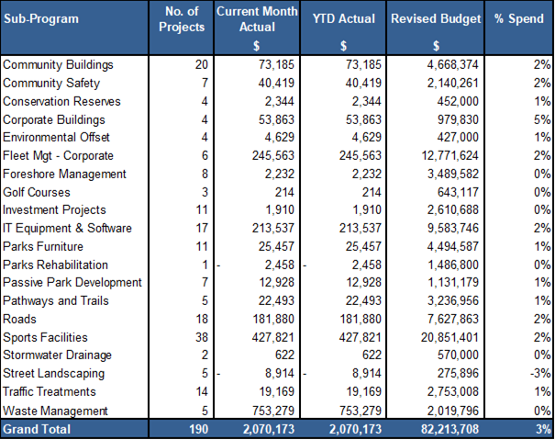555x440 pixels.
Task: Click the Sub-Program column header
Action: (x=41, y=19)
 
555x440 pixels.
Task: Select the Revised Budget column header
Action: (x=436, y=19)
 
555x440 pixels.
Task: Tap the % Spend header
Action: (x=518, y=18)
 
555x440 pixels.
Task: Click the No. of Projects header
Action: (x=182, y=19)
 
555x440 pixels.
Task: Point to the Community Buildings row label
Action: (x=58, y=65)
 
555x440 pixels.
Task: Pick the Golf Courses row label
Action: (x=37, y=192)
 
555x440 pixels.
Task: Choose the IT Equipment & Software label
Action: (x=67, y=228)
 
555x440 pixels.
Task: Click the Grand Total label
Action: (x=37, y=429)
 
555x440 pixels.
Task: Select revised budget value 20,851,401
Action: (x=450, y=337)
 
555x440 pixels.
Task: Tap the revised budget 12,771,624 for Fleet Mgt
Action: (x=450, y=155)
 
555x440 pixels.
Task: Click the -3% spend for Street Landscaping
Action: (x=540, y=373)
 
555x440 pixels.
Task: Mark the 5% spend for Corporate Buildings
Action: (x=542, y=119)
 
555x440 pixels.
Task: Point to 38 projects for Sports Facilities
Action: (x=202, y=337)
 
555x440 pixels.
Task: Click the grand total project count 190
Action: (x=198, y=429)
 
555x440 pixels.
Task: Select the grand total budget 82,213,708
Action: (x=450, y=429)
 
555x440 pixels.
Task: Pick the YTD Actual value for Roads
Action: (x=361, y=319)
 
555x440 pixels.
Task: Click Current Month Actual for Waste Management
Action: (x=272, y=411)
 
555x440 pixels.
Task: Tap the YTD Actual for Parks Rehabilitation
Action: (x=366, y=265)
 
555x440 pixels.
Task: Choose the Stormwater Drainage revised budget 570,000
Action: (x=458, y=355)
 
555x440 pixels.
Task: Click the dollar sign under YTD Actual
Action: (x=343, y=46)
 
